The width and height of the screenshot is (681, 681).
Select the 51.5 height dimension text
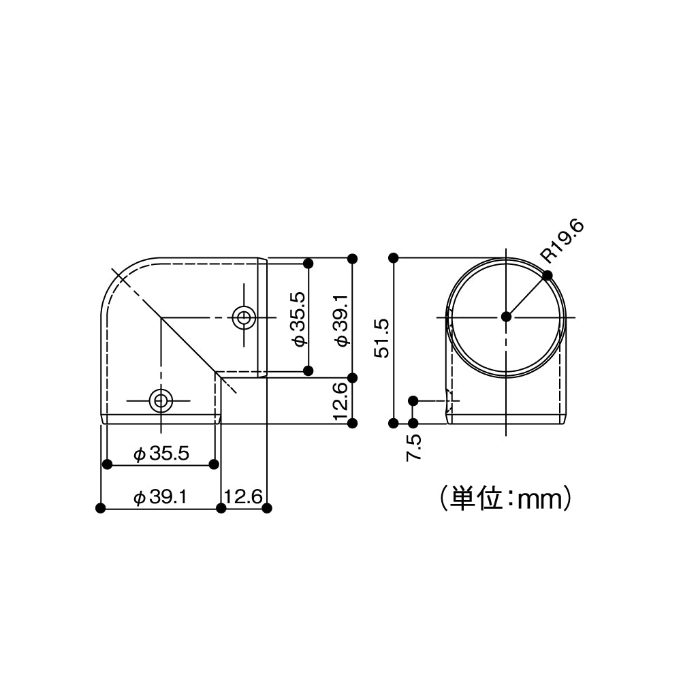(381, 338)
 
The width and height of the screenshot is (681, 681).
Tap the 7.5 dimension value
(413, 449)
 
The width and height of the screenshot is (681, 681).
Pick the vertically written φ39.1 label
(342, 320)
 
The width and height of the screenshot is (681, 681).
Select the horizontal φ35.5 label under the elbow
(161, 454)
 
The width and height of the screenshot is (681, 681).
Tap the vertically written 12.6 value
(342, 400)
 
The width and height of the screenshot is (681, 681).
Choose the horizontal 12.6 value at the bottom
(243, 498)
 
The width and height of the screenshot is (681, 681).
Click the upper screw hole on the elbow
(244, 317)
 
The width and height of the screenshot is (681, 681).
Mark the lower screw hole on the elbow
(161, 400)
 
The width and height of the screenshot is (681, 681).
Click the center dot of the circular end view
(505, 316)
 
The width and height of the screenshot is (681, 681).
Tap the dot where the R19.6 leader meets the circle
(548, 275)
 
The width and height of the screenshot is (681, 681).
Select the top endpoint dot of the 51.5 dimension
(393, 257)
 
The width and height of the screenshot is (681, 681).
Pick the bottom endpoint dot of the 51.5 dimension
(393, 423)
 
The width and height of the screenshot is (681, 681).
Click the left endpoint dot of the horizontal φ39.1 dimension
(101, 508)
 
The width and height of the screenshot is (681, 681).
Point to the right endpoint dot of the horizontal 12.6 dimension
(266, 508)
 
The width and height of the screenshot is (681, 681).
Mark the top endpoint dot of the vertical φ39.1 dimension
(352, 258)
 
